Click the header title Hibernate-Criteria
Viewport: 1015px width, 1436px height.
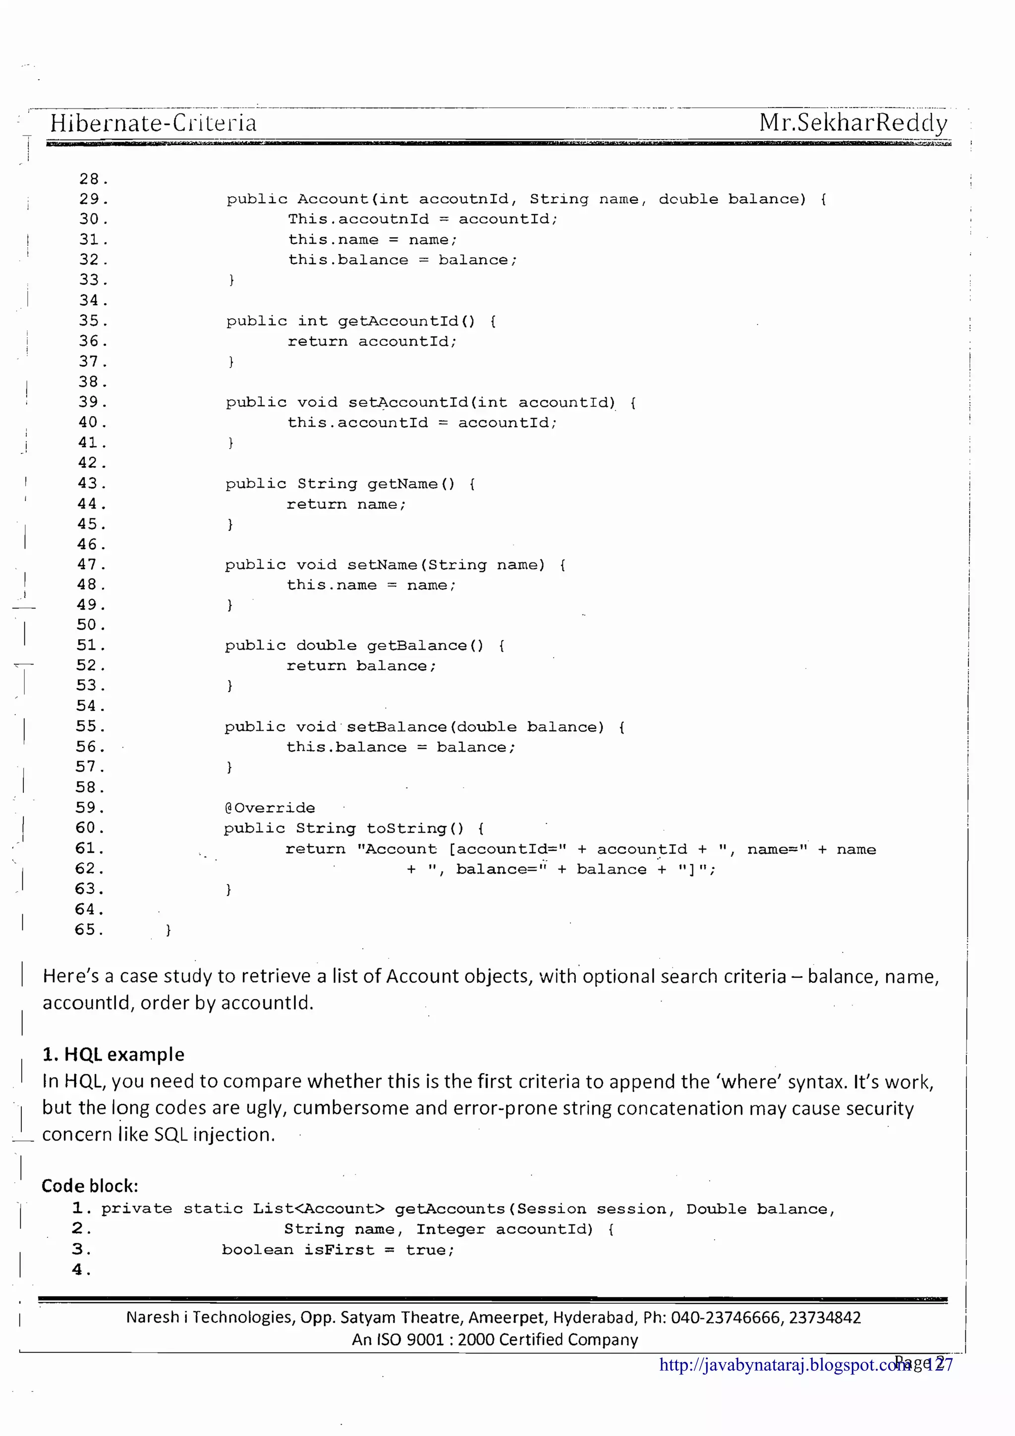[153, 122]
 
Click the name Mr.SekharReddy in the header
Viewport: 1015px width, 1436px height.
[853, 122]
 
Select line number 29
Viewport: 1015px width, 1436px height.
[93, 199]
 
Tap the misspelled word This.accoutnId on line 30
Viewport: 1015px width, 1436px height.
[358, 220]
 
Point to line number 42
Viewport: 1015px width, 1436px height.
[92, 463]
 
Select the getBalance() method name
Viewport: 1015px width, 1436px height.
[425, 646]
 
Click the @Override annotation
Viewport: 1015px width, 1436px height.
[270, 808]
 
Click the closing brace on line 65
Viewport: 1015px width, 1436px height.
[168, 930]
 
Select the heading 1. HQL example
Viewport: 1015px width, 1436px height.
[113, 1054]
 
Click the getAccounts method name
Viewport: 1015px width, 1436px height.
[450, 1209]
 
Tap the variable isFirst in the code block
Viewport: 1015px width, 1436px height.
[339, 1250]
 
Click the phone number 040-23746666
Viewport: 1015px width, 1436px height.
[726, 1318]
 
